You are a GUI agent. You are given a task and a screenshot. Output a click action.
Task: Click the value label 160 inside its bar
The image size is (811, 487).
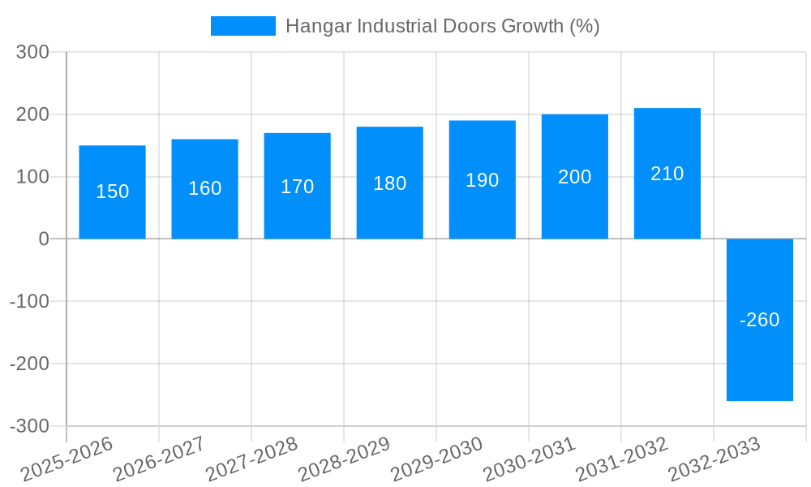tap(204, 188)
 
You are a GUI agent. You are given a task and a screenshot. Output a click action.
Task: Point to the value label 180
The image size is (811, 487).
tap(389, 183)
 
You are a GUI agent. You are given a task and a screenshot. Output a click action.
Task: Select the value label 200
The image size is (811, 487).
tap(574, 177)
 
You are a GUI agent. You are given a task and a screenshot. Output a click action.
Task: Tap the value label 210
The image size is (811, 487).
tap(667, 174)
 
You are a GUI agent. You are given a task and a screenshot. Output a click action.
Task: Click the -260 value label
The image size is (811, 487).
tap(759, 320)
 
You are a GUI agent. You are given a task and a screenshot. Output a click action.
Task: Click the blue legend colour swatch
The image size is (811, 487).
tap(242, 26)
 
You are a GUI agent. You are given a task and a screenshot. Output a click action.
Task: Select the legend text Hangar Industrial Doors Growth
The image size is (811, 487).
tap(442, 26)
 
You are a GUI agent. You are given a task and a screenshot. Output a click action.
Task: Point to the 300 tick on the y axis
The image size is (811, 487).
tap(33, 53)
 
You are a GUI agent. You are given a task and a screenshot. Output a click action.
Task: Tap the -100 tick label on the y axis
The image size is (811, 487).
tap(29, 302)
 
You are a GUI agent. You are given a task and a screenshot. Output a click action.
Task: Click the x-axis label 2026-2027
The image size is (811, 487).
tap(159, 459)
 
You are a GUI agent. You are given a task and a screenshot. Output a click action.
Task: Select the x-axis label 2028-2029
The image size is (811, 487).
tap(344, 459)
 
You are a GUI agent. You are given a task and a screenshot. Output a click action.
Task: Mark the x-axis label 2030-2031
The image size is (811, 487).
tap(529, 459)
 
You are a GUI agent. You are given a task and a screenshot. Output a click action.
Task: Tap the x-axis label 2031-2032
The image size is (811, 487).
tap(621, 459)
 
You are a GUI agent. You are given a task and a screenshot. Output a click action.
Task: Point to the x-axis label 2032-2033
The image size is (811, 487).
tap(714, 459)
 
